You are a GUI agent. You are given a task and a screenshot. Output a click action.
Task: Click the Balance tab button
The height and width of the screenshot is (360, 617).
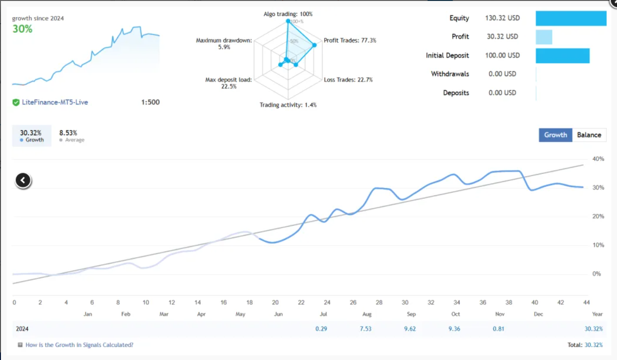pyautogui.click(x=589, y=135)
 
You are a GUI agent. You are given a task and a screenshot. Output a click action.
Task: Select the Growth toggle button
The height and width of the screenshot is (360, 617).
pyautogui.click(x=555, y=135)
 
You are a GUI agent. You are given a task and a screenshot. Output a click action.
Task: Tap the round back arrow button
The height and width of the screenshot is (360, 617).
pyautogui.click(x=23, y=180)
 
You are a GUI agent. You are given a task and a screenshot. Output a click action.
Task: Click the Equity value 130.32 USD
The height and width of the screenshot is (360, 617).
pyautogui.click(x=502, y=18)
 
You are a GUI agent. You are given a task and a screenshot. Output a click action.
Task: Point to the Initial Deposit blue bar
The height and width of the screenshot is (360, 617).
pyautogui.click(x=562, y=55)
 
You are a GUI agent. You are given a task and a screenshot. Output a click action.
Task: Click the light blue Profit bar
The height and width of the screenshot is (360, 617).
pyautogui.click(x=544, y=37)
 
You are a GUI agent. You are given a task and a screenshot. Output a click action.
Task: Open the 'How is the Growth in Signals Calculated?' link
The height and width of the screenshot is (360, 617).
pyautogui.click(x=79, y=345)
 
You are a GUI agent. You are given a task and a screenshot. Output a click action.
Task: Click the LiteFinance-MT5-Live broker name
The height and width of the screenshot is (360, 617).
pyautogui.click(x=55, y=102)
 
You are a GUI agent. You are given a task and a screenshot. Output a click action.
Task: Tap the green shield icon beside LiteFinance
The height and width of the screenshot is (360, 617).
pyautogui.click(x=16, y=102)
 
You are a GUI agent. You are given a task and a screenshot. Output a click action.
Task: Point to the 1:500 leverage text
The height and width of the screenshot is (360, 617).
pyautogui.click(x=150, y=102)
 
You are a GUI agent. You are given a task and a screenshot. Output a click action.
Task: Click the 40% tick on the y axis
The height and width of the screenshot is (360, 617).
pyautogui.click(x=598, y=159)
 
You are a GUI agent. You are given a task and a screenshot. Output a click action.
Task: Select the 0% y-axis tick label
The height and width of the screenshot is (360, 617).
pyautogui.click(x=596, y=274)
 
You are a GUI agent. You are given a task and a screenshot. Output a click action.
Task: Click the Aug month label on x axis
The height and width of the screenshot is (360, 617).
pyautogui.click(x=367, y=314)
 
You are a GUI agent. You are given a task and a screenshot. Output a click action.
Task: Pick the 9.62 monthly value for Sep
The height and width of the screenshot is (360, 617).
pyautogui.click(x=410, y=329)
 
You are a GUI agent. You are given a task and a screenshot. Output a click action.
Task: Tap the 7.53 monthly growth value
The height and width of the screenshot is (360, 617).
pyautogui.click(x=365, y=329)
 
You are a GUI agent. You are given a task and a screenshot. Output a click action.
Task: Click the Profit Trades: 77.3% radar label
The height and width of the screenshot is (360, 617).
pyautogui.click(x=350, y=41)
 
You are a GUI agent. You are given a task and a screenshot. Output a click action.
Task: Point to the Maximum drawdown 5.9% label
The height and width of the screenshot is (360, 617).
pyautogui.click(x=224, y=44)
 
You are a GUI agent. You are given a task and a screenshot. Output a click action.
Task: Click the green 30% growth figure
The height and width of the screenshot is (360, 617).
pyautogui.click(x=22, y=29)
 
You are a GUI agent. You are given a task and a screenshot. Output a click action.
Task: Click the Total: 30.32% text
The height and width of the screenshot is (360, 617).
pyautogui.click(x=585, y=345)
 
